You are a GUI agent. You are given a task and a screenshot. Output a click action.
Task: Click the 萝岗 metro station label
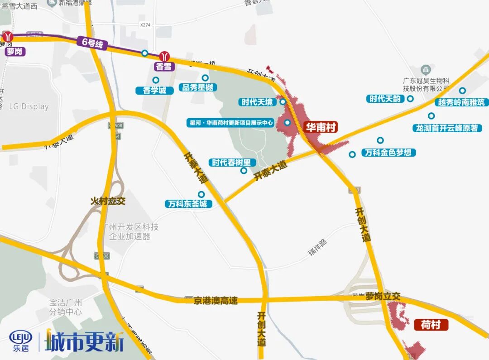pos(14,52)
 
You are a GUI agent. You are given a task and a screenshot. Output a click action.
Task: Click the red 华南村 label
pos(321,127)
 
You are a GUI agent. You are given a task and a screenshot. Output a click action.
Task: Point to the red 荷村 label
pos(431,325)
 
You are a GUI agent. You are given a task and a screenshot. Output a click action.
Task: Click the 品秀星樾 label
pos(197,87)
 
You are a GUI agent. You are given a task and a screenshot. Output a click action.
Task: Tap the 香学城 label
pos(154,90)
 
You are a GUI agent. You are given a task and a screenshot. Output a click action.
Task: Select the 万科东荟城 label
pos(187,204)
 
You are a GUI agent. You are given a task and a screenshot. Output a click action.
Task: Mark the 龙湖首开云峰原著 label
pos(447,128)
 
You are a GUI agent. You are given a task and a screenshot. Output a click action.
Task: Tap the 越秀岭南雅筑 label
pos(461,103)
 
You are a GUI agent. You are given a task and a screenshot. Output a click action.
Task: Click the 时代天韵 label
pos(385,99)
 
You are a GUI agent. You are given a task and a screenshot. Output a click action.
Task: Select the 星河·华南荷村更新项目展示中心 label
pos(231,123)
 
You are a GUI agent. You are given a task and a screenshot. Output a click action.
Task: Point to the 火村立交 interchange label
pos(108,201)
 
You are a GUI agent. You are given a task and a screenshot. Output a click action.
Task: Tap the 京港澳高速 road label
pos(216,301)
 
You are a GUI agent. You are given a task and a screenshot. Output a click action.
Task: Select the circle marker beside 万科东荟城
pos(201,194)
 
